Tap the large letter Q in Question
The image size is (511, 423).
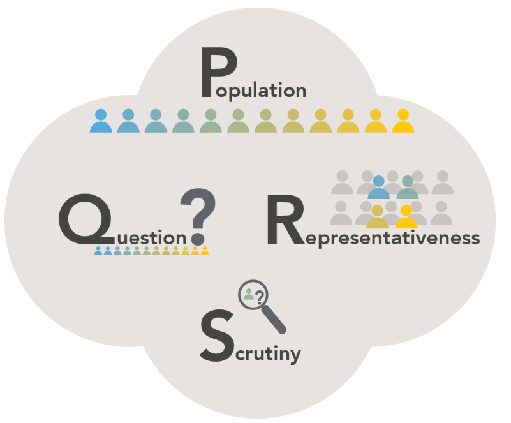point(83,220)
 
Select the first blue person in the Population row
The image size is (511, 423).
point(101,121)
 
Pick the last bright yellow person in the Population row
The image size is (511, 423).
point(403,121)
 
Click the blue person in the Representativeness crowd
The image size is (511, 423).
point(379,188)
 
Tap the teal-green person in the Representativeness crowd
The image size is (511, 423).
point(408,188)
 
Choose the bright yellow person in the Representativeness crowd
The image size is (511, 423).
point(406,218)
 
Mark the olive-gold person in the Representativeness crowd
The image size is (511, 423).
point(377,218)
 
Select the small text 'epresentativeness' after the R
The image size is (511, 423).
point(391,238)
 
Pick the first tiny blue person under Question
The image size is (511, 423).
point(98,251)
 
